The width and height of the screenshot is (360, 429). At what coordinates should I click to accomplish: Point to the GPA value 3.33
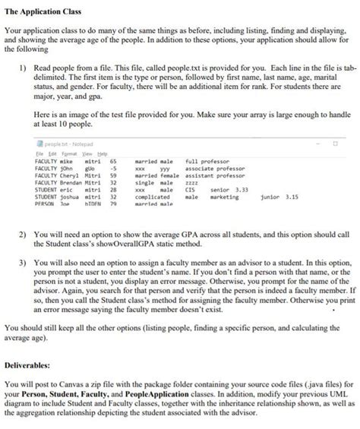point(241,188)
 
